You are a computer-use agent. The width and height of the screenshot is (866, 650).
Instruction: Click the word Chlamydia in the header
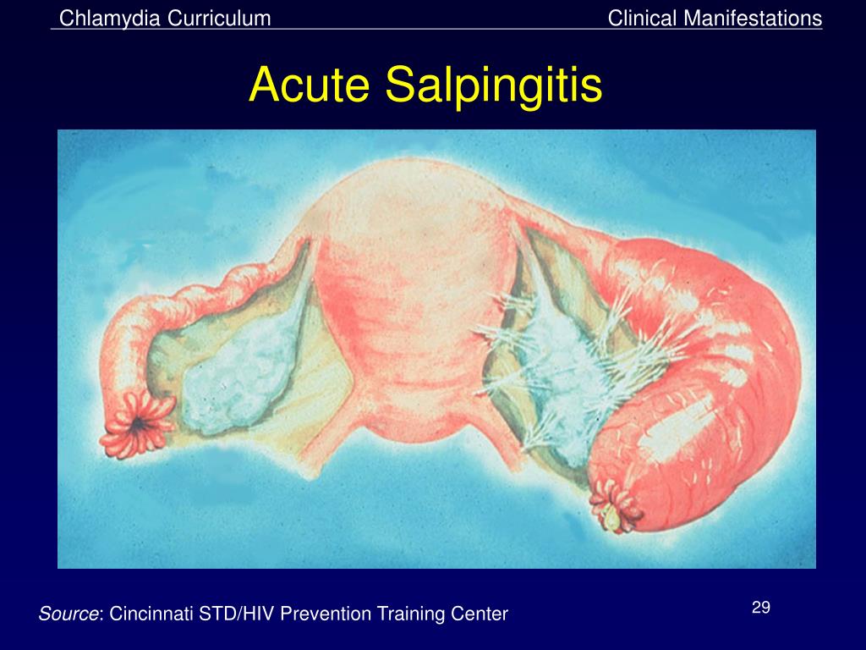(109, 19)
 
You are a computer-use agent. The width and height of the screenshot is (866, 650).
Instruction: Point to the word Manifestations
(753, 19)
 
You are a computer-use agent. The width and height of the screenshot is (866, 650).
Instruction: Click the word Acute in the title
(310, 85)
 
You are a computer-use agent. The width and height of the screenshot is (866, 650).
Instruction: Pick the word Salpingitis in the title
(493, 86)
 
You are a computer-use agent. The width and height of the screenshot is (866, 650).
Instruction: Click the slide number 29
(760, 608)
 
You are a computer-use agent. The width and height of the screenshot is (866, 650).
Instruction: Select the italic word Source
(68, 614)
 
